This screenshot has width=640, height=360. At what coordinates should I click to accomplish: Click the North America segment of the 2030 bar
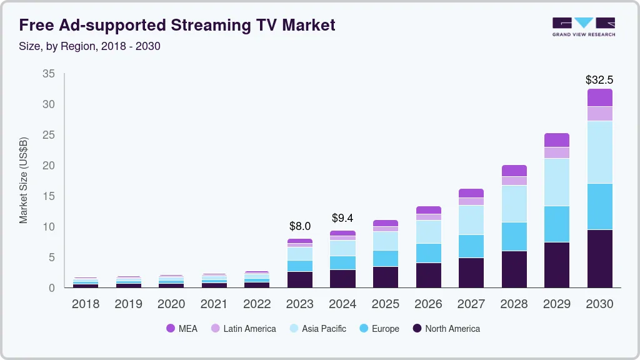[x=599, y=258]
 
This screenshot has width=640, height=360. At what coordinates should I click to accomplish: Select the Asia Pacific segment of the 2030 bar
[x=599, y=152]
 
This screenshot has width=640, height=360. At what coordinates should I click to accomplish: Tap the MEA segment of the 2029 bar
[x=556, y=140]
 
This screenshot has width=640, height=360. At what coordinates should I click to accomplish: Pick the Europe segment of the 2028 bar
[x=514, y=236]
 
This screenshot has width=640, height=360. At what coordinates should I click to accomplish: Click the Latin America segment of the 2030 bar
[x=599, y=113]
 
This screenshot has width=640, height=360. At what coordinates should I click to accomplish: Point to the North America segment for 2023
[x=300, y=279]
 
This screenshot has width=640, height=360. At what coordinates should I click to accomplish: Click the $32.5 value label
[x=599, y=80]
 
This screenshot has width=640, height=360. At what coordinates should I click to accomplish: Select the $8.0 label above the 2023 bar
[x=300, y=226]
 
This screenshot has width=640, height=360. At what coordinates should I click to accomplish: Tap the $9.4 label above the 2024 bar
[x=342, y=218]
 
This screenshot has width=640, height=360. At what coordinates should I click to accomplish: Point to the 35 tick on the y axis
[x=49, y=74]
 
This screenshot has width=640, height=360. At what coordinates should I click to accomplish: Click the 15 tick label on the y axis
[x=49, y=196]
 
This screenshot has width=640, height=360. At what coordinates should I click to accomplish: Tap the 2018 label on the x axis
[x=86, y=304]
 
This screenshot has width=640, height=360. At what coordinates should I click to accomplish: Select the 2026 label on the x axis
[x=428, y=304]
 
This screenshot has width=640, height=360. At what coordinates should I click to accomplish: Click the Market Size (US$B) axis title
[x=24, y=180]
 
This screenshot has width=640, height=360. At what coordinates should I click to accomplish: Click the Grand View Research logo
[x=583, y=27]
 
